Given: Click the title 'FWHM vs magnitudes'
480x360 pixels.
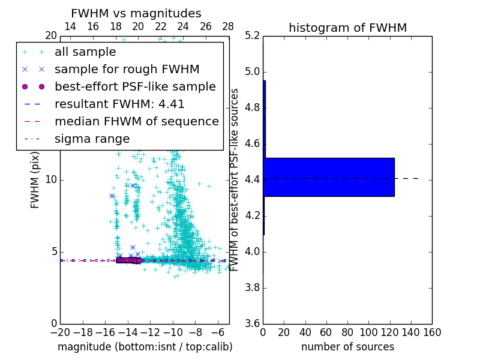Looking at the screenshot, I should tap(136, 14).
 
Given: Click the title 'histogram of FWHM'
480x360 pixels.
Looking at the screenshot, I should tap(347, 28).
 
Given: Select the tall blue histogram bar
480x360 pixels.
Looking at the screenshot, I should tap(329, 177).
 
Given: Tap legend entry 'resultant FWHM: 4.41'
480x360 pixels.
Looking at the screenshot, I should tap(119, 104).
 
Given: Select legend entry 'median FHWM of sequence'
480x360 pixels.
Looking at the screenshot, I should tap(136, 121).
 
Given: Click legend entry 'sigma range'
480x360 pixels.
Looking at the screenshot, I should tap(92, 139).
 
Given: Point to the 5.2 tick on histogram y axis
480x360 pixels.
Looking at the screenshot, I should tap(253, 36).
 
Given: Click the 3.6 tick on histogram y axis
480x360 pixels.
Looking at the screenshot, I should tap(253, 323).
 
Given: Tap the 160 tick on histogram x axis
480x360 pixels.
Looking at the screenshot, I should tap(432, 332).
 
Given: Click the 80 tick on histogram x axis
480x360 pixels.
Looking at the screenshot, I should tap(347, 332).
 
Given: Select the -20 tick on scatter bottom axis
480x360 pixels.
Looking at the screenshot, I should tap(60, 332).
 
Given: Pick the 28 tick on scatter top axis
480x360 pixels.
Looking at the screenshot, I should tap(228, 26).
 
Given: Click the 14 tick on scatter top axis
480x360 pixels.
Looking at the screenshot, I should tap(70, 26).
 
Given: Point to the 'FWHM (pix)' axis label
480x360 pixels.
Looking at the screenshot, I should tap(35, 179).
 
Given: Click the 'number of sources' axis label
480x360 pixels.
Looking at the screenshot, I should tap(347, 347).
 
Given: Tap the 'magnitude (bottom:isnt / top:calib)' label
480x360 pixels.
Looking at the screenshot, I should tap(145, 347).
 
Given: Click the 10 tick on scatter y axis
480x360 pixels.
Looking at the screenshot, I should tap(50, 179).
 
